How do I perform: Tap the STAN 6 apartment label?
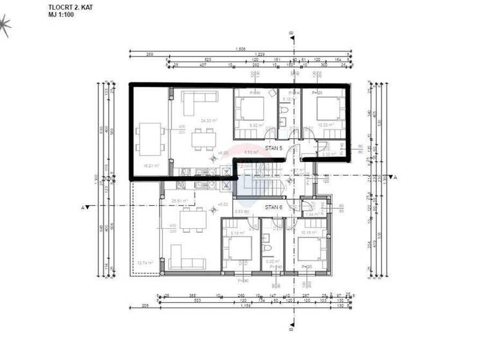coord(274,207)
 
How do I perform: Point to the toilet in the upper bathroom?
coord(284,117)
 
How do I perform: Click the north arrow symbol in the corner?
coord(5,26)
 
